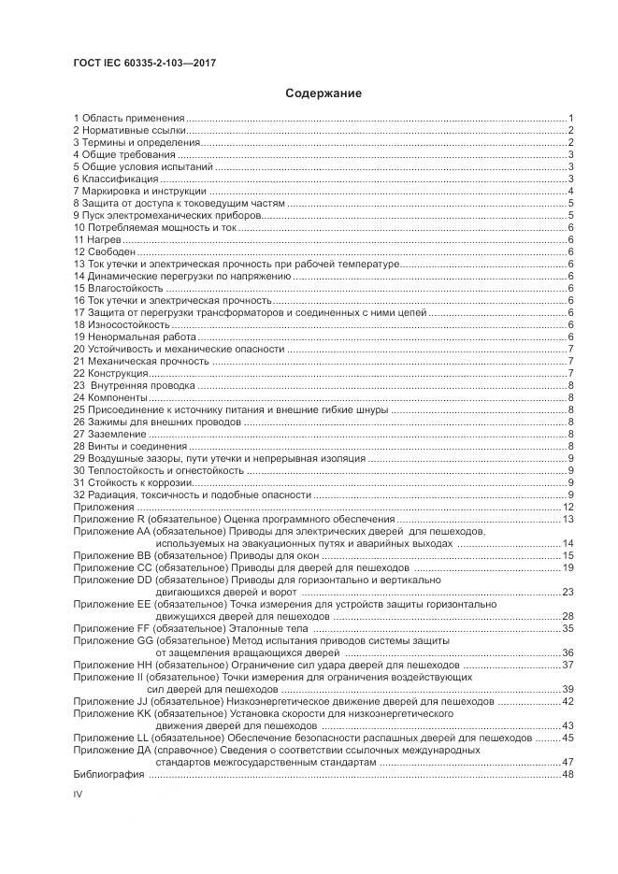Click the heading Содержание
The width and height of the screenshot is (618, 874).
(x=323, y=93)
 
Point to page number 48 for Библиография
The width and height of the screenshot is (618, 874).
(x=567, y=775)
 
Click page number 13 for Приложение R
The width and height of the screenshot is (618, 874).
(x=567, y=519)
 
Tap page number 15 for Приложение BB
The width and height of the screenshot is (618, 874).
(x=567, y=555)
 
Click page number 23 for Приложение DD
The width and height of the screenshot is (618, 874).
(x=567, y=592)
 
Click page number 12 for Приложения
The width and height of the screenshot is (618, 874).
(x=567, y=507)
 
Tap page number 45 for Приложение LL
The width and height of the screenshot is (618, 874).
(x=567, y=738)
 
